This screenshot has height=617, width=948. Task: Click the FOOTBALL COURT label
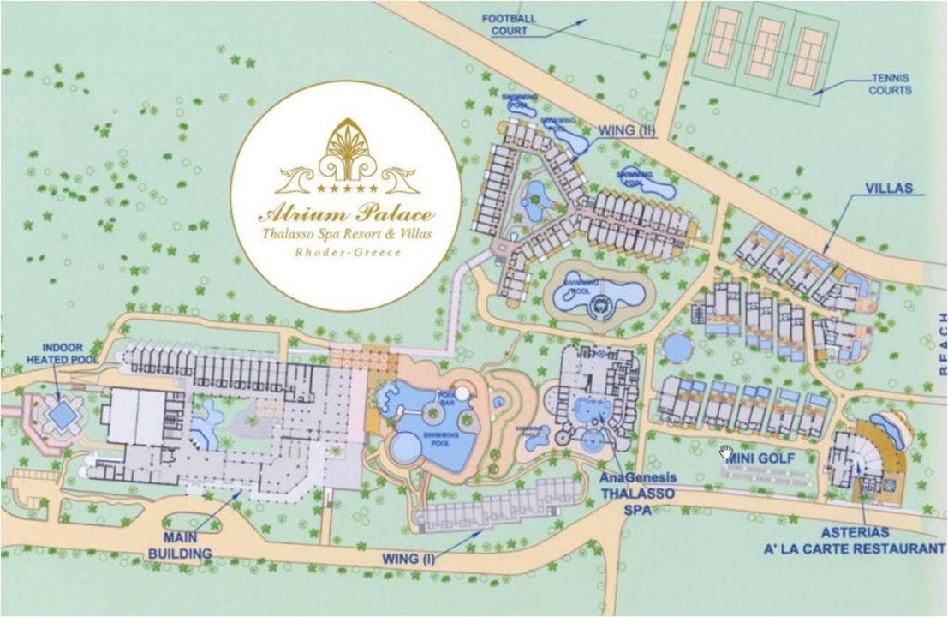click(x=509, y=23)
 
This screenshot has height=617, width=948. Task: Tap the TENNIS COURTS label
click(x=891, y=83)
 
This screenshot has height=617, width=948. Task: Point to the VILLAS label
click(x=887, y=188)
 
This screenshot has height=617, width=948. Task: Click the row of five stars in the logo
click(x=347, y=187)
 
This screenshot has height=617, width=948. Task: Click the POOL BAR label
click(x=446, y=399)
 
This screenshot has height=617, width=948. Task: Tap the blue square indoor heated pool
click(x=60, y=416)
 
